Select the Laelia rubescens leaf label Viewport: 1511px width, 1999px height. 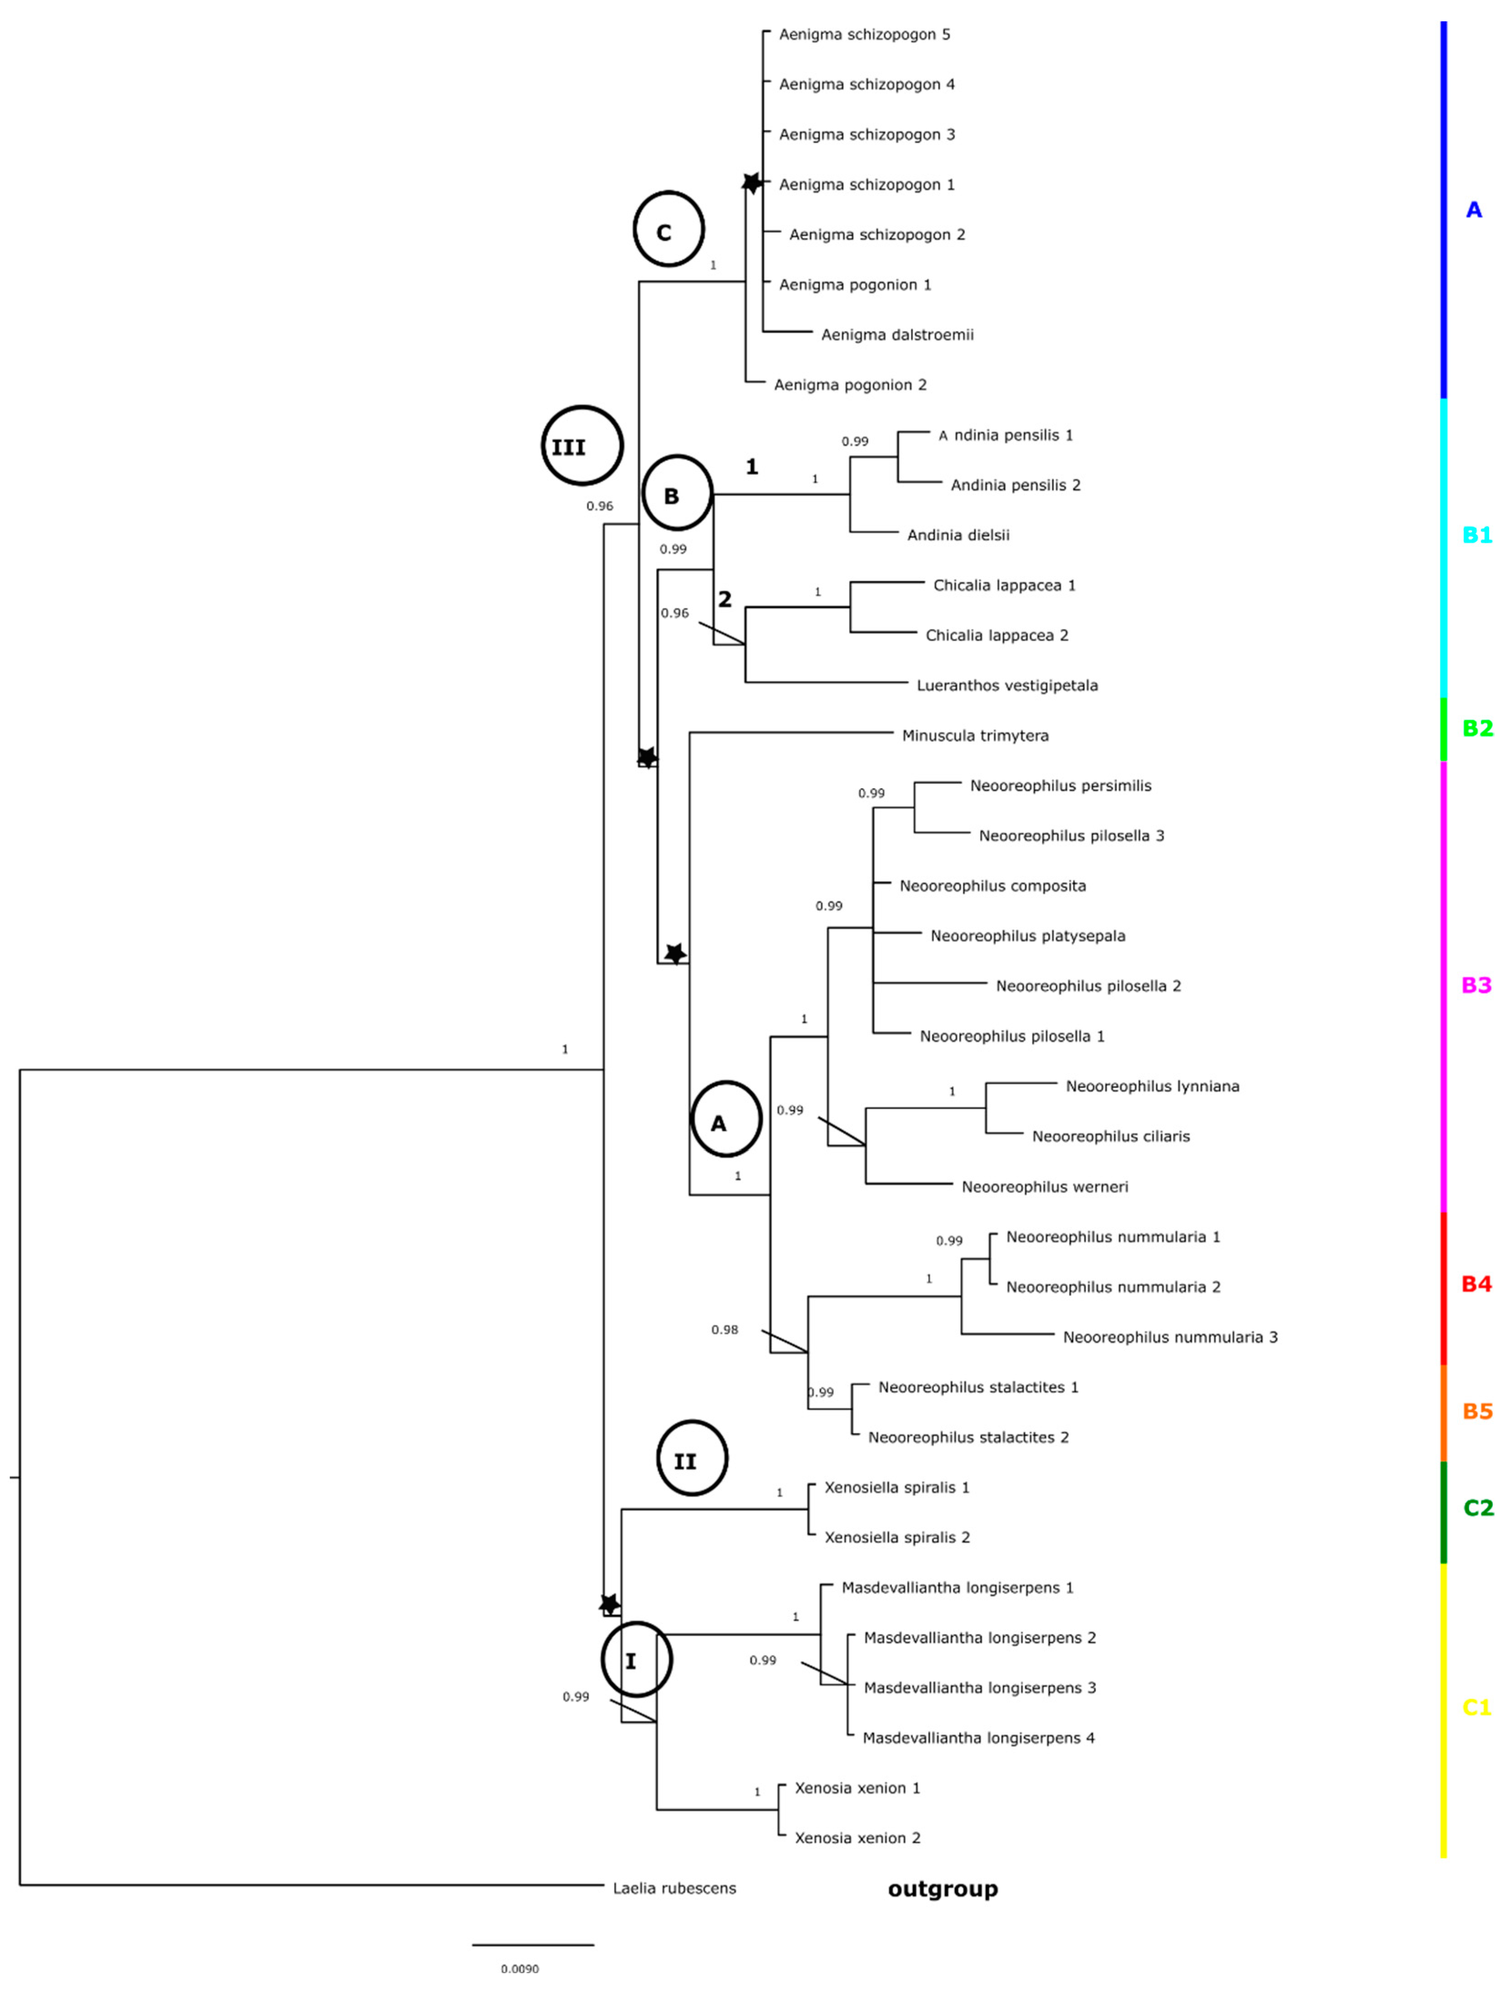[674, 1888]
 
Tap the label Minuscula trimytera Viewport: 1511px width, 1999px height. [975, 736]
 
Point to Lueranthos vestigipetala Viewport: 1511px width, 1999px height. [1007, 686]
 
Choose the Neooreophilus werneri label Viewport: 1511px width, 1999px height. [1045, 1187]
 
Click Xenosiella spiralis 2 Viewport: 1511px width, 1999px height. [897, 1537]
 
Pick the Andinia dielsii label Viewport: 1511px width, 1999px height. [958, 535]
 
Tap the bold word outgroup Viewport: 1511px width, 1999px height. [943, 1889]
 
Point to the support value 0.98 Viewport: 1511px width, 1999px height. [724, 1329]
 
